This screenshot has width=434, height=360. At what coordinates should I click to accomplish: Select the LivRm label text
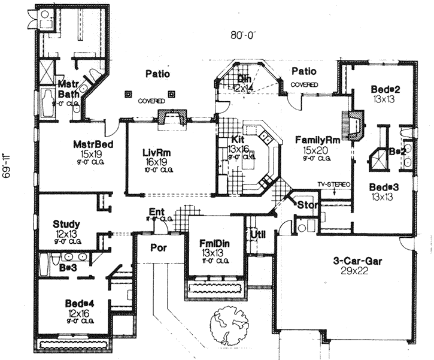coord(157,153)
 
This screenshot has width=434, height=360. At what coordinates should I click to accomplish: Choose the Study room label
coord(67,224)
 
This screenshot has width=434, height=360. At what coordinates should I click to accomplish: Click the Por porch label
coord(159,247)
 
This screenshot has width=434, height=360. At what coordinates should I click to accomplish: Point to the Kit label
coord(238,140)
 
